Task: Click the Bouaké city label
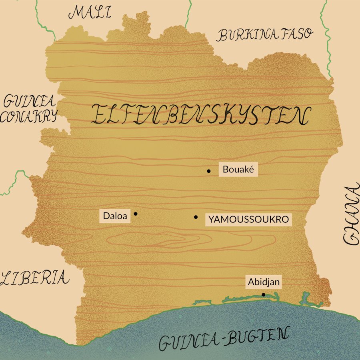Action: click(x=238, y=170)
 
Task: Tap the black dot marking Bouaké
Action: click(x=208, y=171)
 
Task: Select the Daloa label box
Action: click(x=115, y=216)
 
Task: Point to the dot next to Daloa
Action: click(x=136, y=214)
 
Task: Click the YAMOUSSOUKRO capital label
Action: click(x=248, y=220)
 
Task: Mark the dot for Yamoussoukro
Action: click(x=196, y=217)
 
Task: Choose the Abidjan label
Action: click(x=264, y=282)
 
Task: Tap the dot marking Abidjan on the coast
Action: click(x=263, y=295)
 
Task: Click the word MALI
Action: click(x=90, y=13)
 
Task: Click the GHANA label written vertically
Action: click(x=351, y=214)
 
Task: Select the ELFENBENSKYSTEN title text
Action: click(x=200, y=115)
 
